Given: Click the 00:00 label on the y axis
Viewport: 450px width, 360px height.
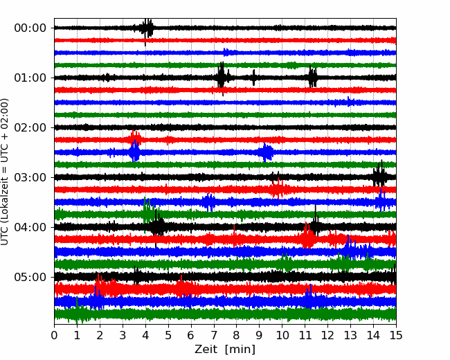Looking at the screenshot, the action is [30, 28].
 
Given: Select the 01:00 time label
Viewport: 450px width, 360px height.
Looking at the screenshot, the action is [30, 78].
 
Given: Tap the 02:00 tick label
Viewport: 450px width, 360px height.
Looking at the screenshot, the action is [30, 127].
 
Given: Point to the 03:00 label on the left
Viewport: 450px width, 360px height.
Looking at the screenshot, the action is [30, 177].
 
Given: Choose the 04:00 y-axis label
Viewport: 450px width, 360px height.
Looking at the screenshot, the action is [30, 227].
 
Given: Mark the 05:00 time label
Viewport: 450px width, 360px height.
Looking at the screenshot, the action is [30, 277].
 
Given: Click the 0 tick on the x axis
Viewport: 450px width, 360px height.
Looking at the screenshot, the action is [54, 335].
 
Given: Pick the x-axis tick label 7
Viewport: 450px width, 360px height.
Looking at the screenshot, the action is [213, 335].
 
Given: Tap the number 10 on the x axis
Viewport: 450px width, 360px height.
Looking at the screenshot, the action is [282, 335].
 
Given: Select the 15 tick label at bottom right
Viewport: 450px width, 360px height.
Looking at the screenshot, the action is [396, 335].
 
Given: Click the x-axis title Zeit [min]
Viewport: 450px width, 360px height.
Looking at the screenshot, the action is [225, 350].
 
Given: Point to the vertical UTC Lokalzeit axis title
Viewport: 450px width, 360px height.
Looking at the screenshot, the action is [5, 172].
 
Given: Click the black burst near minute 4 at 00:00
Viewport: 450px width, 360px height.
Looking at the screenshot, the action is [147, 29].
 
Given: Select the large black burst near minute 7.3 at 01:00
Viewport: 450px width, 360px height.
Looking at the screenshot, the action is [221, 77].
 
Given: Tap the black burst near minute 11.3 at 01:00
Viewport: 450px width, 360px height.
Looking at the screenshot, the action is [312, 77].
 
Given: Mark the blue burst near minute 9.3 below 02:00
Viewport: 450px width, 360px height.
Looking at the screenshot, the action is [266, 152].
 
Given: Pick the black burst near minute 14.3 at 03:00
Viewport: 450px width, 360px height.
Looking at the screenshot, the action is [379, 176].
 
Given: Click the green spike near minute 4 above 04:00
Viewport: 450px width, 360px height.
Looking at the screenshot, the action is [147, 210].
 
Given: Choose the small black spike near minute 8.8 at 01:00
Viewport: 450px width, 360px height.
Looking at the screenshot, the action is [253, 78].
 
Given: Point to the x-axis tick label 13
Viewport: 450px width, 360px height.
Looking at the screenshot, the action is [350, 335].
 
